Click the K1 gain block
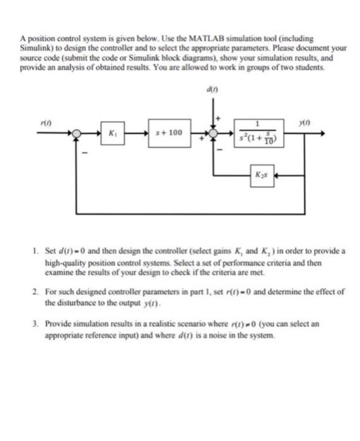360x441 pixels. tap(112, 134)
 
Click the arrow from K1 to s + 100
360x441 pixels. tap(138, 134)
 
